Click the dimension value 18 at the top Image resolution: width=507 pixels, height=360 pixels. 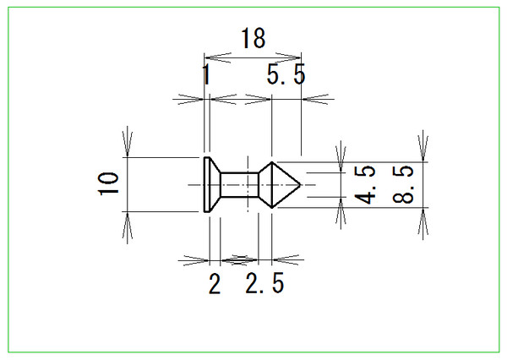point(253,38)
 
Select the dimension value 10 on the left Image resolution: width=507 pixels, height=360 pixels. point(108,183)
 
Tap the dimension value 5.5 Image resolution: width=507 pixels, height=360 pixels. point(286,74)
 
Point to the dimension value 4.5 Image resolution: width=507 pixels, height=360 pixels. point(365,185)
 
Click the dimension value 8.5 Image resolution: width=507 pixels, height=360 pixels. point(402,184)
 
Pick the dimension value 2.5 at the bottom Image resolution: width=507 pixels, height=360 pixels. point(264,283)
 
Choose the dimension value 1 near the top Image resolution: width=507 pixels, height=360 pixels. point(206,74)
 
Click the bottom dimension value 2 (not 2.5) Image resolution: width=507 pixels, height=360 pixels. point(215,284)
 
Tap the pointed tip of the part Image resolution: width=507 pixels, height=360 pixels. point(300,185)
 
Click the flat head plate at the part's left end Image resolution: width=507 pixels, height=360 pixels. point(207,185)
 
